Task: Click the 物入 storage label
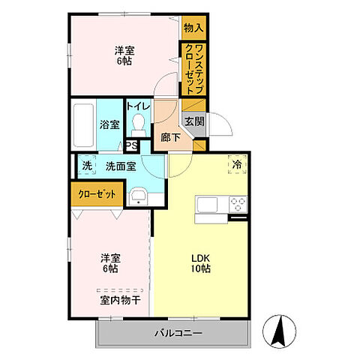click(x=193, y=28)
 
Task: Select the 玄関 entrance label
click(x=194, y=121)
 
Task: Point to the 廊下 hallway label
click(x=170, y=137)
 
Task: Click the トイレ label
click(x=139, y=107)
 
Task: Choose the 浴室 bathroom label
click(x=109, y=124)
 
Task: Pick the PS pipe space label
click(x=131, y=145)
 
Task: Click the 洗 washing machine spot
click(x=86, y=166)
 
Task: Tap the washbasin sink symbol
click(x=137, y=197)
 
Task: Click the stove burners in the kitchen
click(x=237, y=203)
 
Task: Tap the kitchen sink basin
click(x=205, y=203)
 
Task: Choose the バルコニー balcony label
click(x=178, y=332)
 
